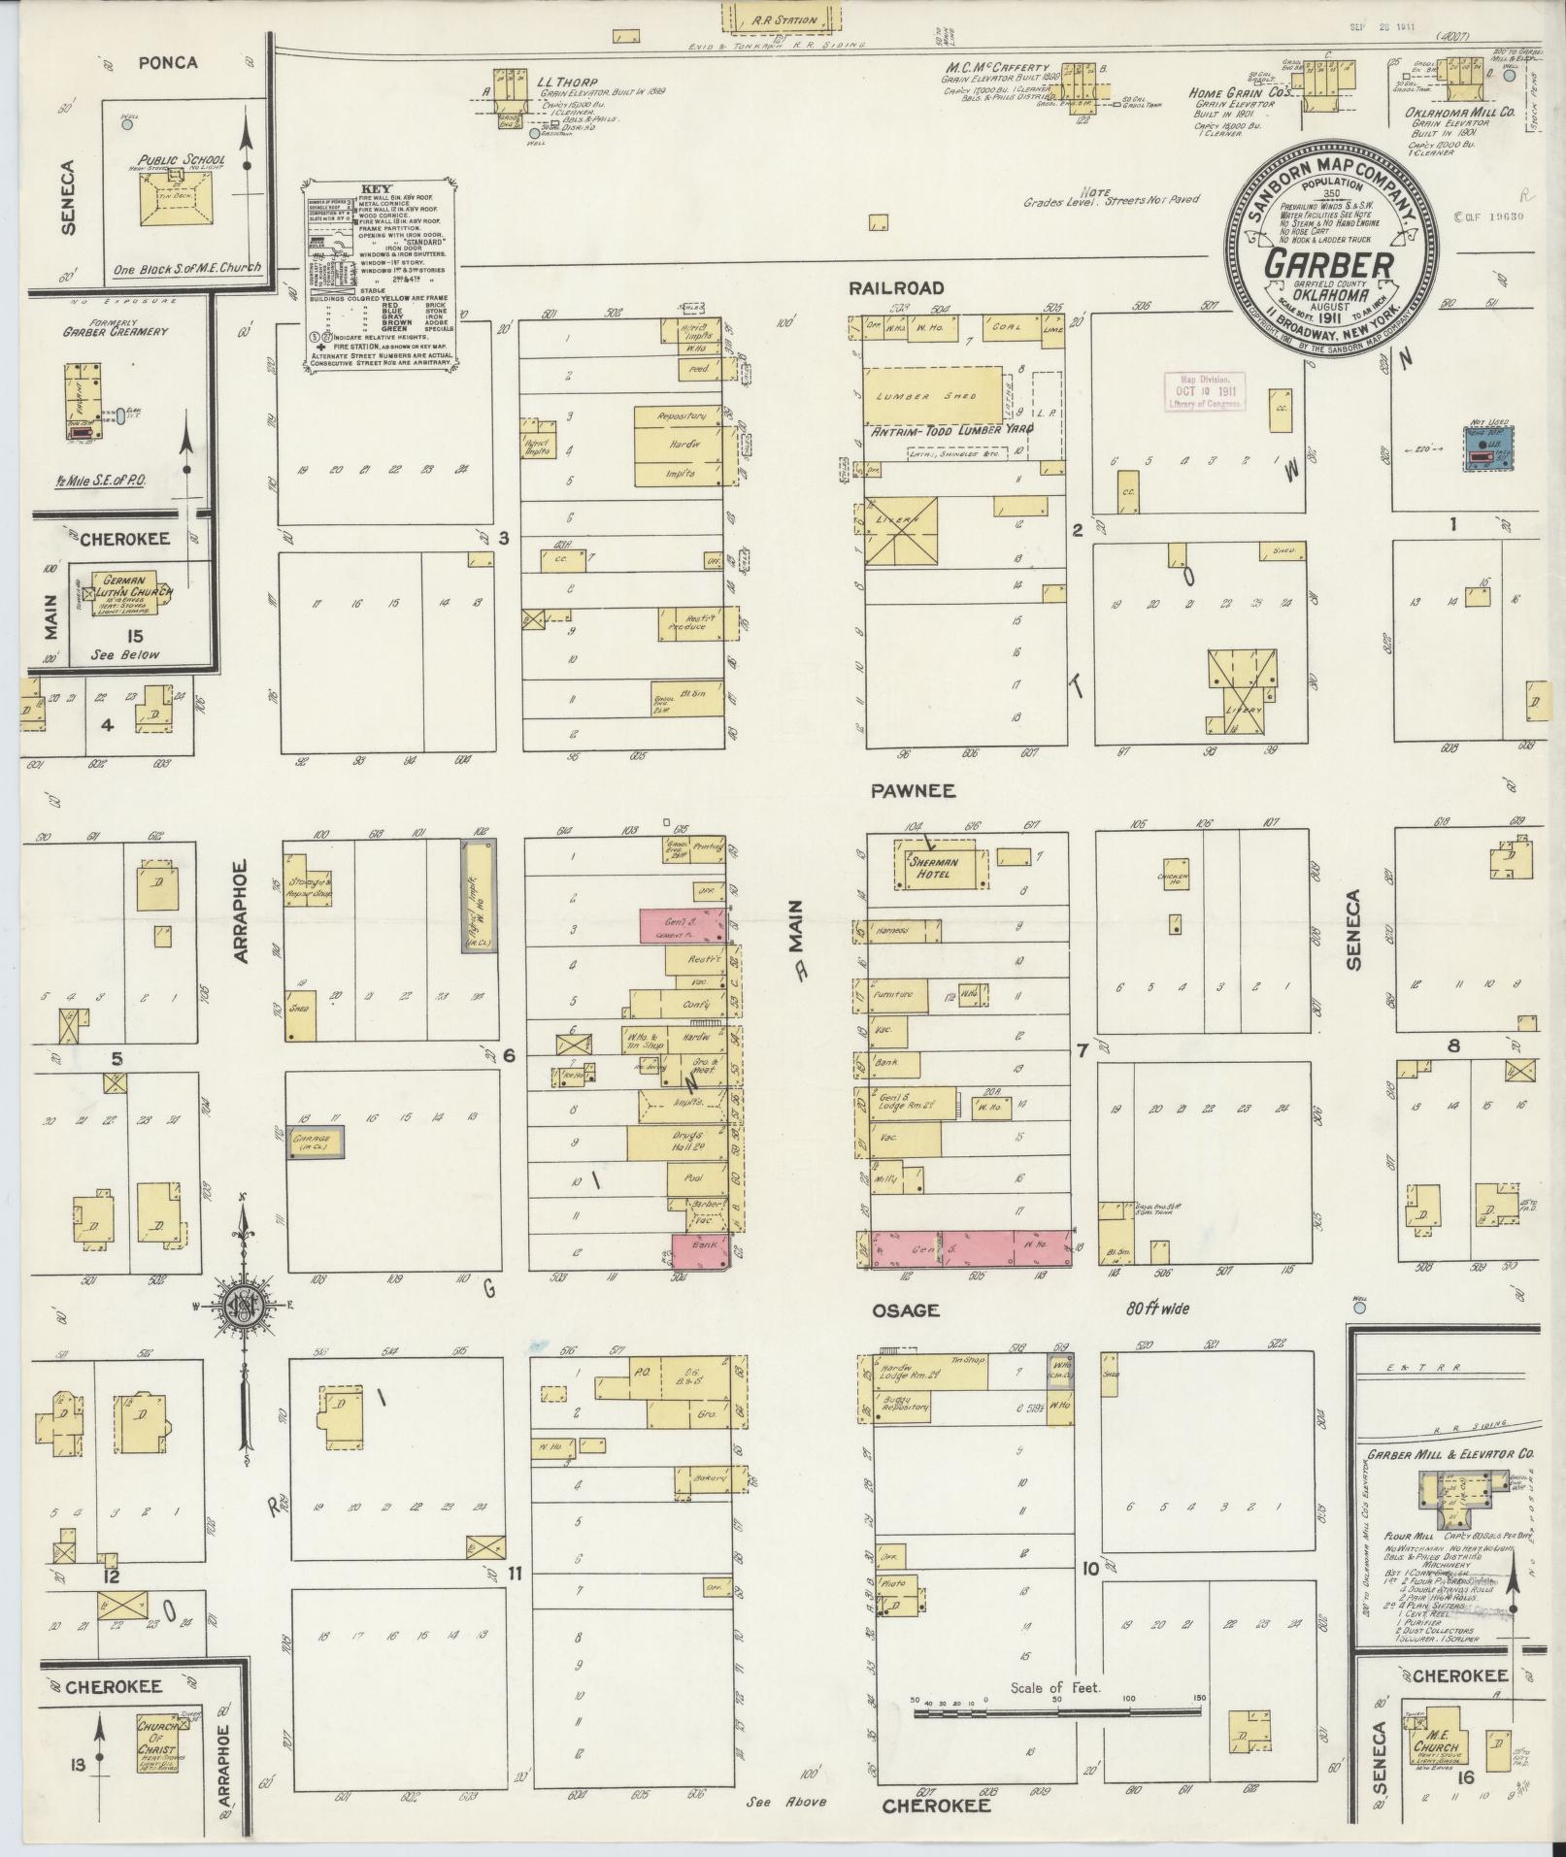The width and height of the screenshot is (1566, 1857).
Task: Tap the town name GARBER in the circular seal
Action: click(x=1329, y=265)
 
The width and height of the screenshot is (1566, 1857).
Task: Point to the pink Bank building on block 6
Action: click(x=699, y=1251)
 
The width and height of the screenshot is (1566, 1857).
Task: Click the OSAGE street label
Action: click(x=913, y=1310)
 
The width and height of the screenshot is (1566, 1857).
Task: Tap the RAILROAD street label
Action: click(x=896, y=287)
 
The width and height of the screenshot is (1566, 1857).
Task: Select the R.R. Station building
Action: click(x=781, y=18)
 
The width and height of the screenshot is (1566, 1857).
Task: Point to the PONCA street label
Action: click(x=167, y=63)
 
